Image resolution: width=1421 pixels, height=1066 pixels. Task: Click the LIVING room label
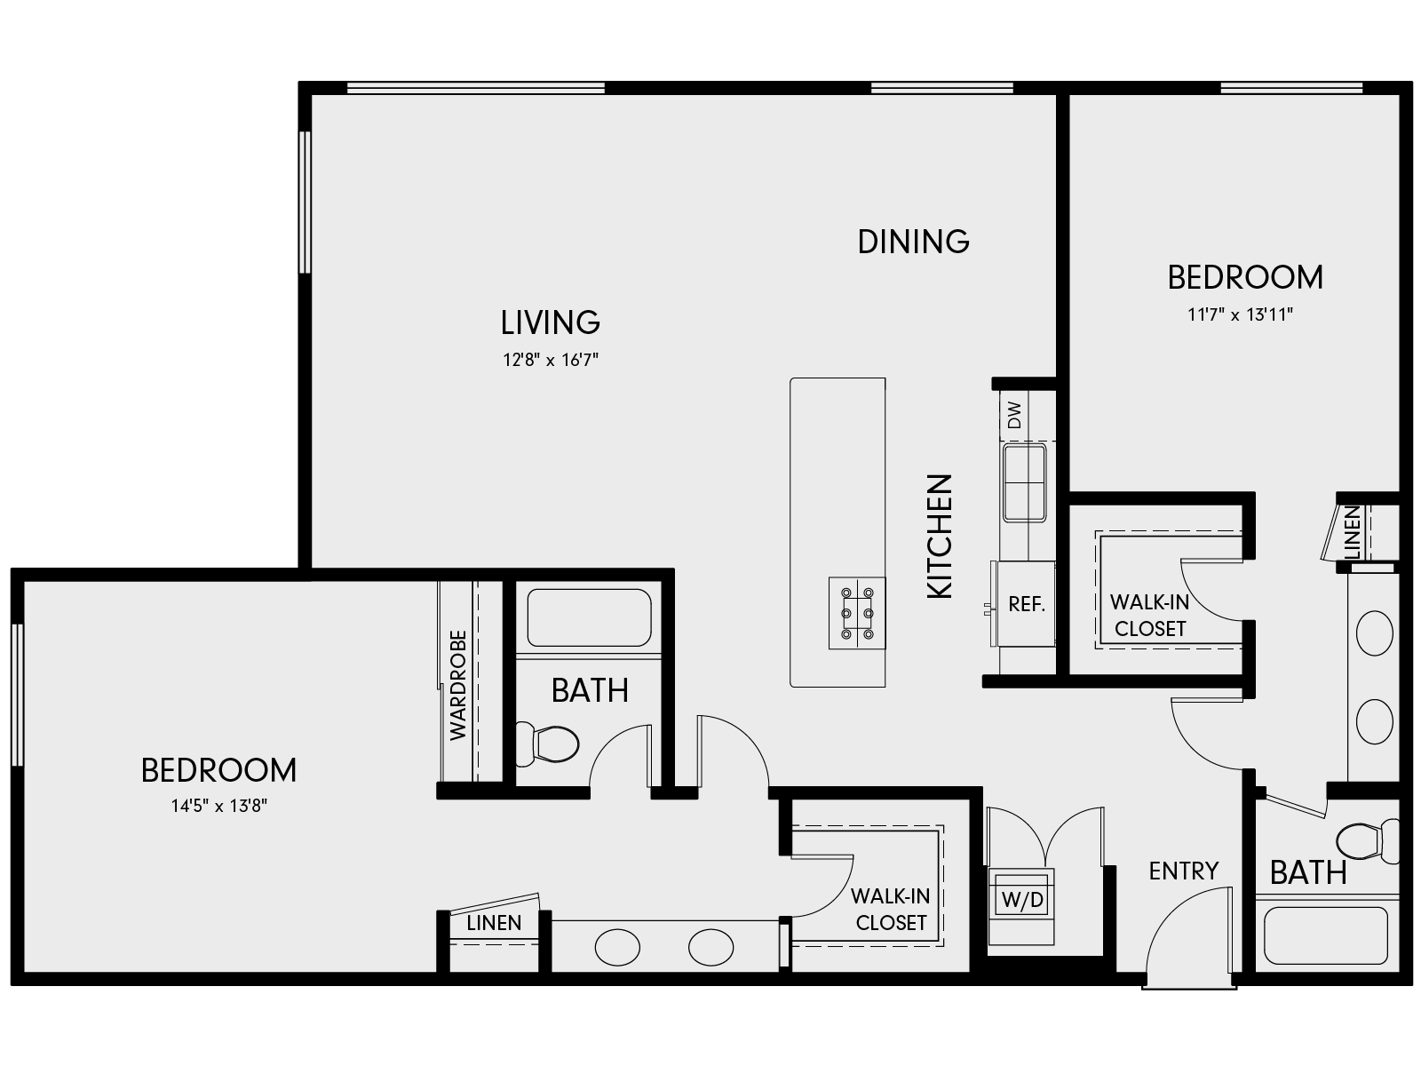click(x=550, y=322)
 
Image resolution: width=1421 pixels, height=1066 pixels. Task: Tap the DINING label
click(x=913, y=242)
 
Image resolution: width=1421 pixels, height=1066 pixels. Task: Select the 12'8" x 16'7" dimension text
click(x=550, y=360)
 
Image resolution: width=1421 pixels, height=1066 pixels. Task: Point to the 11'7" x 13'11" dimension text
click(x=1240, y=314)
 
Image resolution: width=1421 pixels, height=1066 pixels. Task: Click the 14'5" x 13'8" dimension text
click(x=219, y=807)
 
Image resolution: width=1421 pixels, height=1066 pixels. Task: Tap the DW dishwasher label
click(x=1015, y=414)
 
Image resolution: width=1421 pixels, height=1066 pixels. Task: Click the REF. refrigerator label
click(x=1027, y=605)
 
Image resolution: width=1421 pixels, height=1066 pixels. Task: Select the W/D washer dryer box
click(x=1022, y=900)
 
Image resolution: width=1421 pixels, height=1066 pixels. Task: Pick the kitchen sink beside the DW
click(x=1024, y=483)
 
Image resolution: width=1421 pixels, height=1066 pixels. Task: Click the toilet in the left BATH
click(x=548, y=744)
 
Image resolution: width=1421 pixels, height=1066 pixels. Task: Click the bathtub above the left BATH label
click(x=589, y=617)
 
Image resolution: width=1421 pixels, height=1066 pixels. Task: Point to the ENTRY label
click(x=1183, y=871)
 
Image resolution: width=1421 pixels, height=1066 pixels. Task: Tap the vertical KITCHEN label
click(x=940, y=536)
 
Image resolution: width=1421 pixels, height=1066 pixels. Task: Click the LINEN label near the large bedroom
click(x=494, y=923)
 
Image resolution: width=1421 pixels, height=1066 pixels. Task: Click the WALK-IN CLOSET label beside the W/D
click(x=890, y=910)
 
